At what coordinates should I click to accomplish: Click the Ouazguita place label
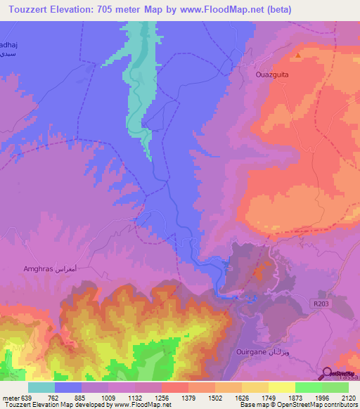click(x=271, y=72)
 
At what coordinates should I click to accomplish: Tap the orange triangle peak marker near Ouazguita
click(x=298, y=55)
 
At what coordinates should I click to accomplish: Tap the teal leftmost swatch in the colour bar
click(x=41, y=387)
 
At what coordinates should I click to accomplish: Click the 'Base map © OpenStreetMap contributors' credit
click(x=299, y=404)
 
